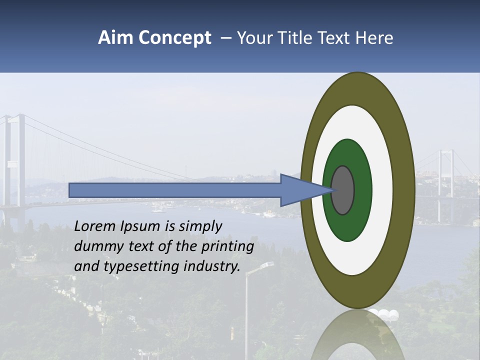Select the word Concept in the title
(x=175, y=38)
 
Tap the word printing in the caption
(x=227, y=247)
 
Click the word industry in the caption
(x=212, y=266)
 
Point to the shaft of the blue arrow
(x=175, y=190)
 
